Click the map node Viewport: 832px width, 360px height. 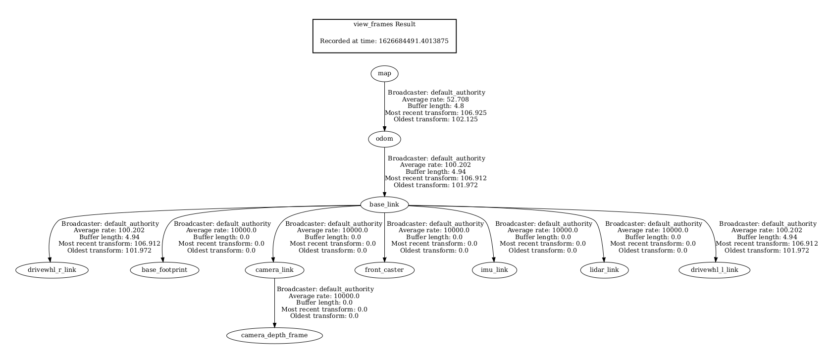384,74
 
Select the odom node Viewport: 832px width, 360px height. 384,139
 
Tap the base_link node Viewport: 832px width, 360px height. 384,205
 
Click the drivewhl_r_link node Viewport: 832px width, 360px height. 52,270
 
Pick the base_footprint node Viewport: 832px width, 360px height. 164,270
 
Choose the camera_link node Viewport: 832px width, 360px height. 274,270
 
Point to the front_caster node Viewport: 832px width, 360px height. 384,270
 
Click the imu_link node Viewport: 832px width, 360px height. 494,270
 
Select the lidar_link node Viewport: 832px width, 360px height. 604,270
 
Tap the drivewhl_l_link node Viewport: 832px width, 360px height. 715,270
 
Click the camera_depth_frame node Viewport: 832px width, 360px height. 274,335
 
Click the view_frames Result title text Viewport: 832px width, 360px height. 384,25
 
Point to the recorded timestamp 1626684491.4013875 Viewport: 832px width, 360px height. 414,41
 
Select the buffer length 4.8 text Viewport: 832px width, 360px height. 435,106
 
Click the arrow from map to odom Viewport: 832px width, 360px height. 384,106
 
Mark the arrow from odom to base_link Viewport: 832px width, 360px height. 384,172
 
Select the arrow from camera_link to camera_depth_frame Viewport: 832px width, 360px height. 274,303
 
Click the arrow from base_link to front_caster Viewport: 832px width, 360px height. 384,237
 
